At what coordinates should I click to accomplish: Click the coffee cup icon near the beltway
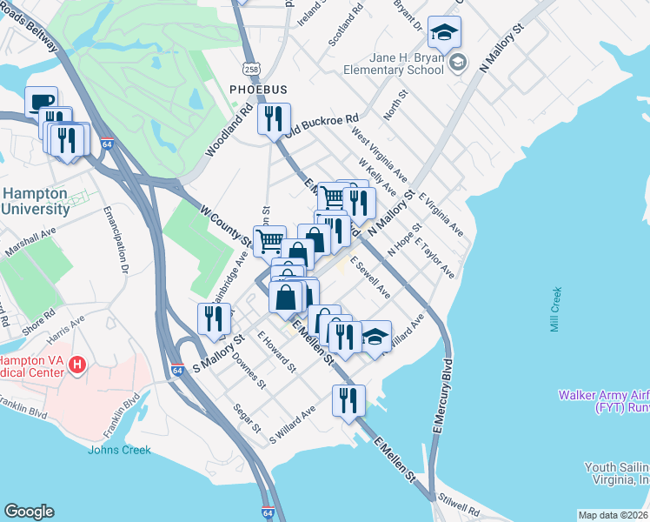tap(41, 101)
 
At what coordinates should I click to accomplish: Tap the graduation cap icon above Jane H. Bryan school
tap(444, 33)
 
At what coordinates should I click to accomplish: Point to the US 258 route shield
tap(250, 69)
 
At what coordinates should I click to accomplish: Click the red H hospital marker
tap(77, 364)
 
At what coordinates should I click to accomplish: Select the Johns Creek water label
tap(119, 450)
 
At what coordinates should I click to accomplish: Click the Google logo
tap(29, 512)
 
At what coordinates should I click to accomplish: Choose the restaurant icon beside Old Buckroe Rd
tap(274, 118)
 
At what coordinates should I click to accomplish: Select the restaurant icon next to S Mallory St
tap(213, 318)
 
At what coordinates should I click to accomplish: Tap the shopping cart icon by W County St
tap(269, 240)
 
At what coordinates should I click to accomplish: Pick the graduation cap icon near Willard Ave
tap(375, 337)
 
